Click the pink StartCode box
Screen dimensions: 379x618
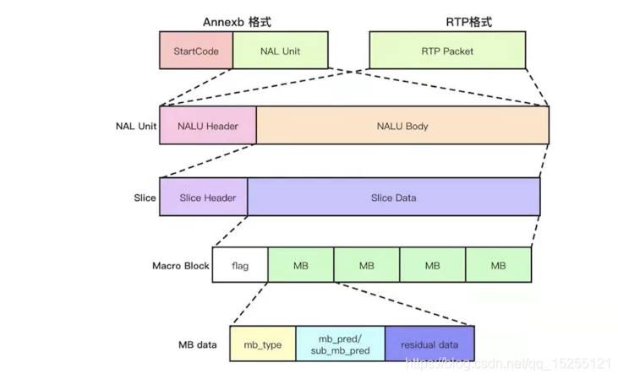(x=195, y=51)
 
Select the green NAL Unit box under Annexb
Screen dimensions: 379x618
(x=279, y=51)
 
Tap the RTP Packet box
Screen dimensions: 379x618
(x=446, y=51)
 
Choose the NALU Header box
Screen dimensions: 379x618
(x=207, y=126)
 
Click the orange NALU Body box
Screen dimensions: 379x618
(x=402, y=126)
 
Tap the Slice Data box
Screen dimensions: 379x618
(x=393, y=198)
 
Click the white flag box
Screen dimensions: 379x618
(x=240, y=265)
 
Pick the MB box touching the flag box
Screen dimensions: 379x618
(x=301, y=265)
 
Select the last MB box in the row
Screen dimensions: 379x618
(x=498, y=265)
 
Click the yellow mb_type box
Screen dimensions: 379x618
(x=262, y=344)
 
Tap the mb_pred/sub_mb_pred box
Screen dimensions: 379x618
(x=340, y=344)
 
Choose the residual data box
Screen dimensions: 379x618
(x=429, y=344)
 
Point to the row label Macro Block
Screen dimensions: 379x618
(x=180, y=265)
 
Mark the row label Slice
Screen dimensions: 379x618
(x=145, y=198)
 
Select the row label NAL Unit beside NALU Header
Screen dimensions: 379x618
(x=135, y=126)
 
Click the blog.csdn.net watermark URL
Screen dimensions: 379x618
(x=507, y=363)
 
